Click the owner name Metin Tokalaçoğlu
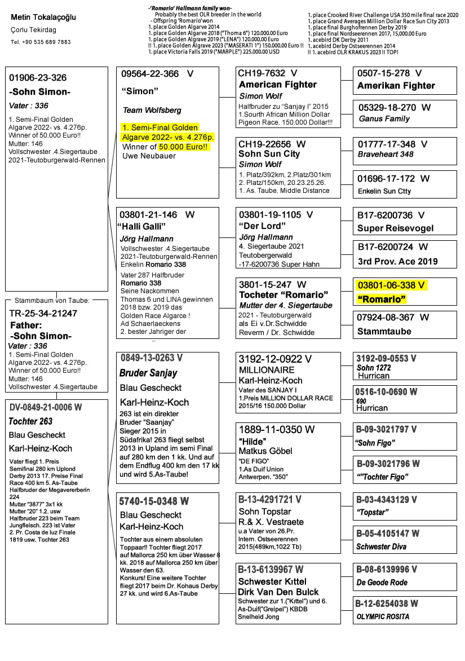tap(43, 17)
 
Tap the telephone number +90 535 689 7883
tap(41, 42)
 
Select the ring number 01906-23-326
tap(38, 78)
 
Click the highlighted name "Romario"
tap(382, 299)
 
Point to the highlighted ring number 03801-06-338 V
tap(391, 285)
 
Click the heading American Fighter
tap(278, 85)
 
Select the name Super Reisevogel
tap(396, 228)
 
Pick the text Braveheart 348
tap(386, 154)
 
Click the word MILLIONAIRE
tap(267, 370)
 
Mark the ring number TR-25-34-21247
tap(43, 313)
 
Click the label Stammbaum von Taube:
tap(52, 301)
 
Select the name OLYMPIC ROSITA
tap(383, 616)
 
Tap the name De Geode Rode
tap(382, 583)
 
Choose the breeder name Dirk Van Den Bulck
tap(278, 592)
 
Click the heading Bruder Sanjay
tap(148, 373)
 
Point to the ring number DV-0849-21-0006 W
tap(46, 407)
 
